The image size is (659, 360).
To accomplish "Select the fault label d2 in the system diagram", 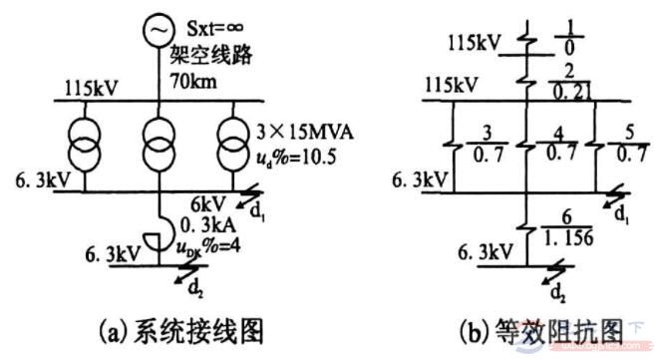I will pos(161,289).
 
